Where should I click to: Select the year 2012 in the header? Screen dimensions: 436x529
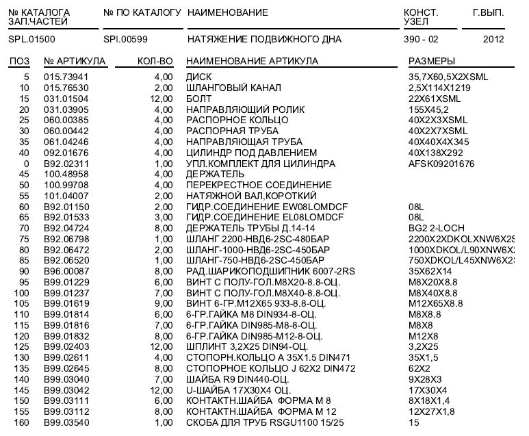coord(493,39)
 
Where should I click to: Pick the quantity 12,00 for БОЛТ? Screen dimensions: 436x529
coord(162,99)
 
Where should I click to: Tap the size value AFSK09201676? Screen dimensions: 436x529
coord(441,164)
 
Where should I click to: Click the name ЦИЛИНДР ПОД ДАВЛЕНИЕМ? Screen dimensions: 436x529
coord(251,153)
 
